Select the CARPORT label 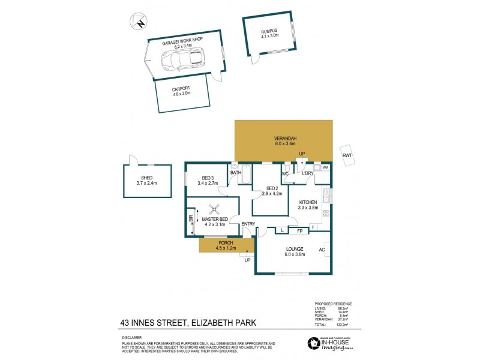[x=181, y=88]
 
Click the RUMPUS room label [x=269, y=31]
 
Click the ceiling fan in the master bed [x=214, y=210]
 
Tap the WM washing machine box [x=325, y=167]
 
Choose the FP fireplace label [x=299, y=230]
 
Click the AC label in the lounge [x=322, y=250]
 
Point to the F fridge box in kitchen [x=313, y=227]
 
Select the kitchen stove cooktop [x=326, y=213]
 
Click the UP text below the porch [x=247, y=260]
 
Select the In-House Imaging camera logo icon [x=312, y=343]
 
